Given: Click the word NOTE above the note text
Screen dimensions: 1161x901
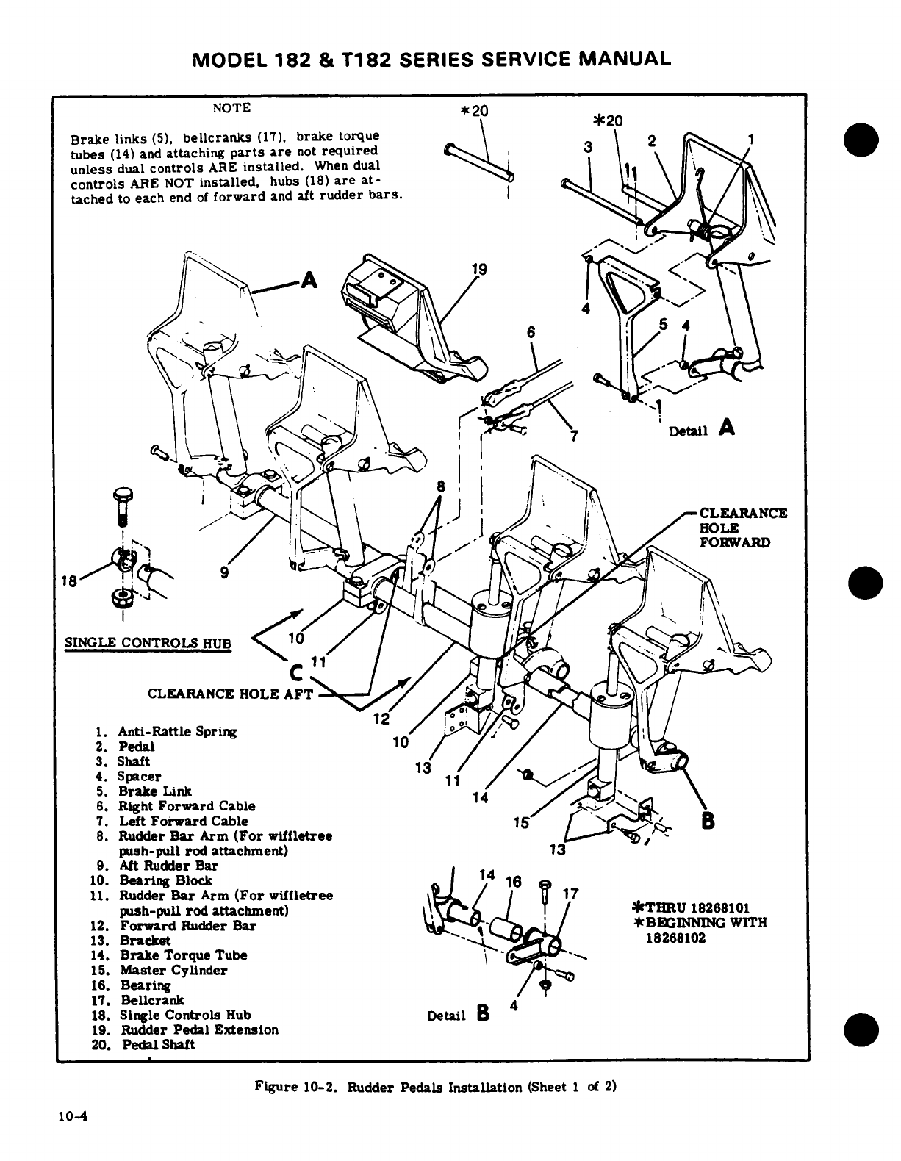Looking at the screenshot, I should [231, 108].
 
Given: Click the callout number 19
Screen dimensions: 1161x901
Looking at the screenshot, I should [478, 270].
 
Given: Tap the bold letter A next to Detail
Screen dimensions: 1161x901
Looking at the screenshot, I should [727, 426].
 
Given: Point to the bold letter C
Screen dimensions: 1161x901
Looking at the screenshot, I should [296, 671].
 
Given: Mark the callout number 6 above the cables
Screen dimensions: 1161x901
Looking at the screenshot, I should [531, 332].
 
